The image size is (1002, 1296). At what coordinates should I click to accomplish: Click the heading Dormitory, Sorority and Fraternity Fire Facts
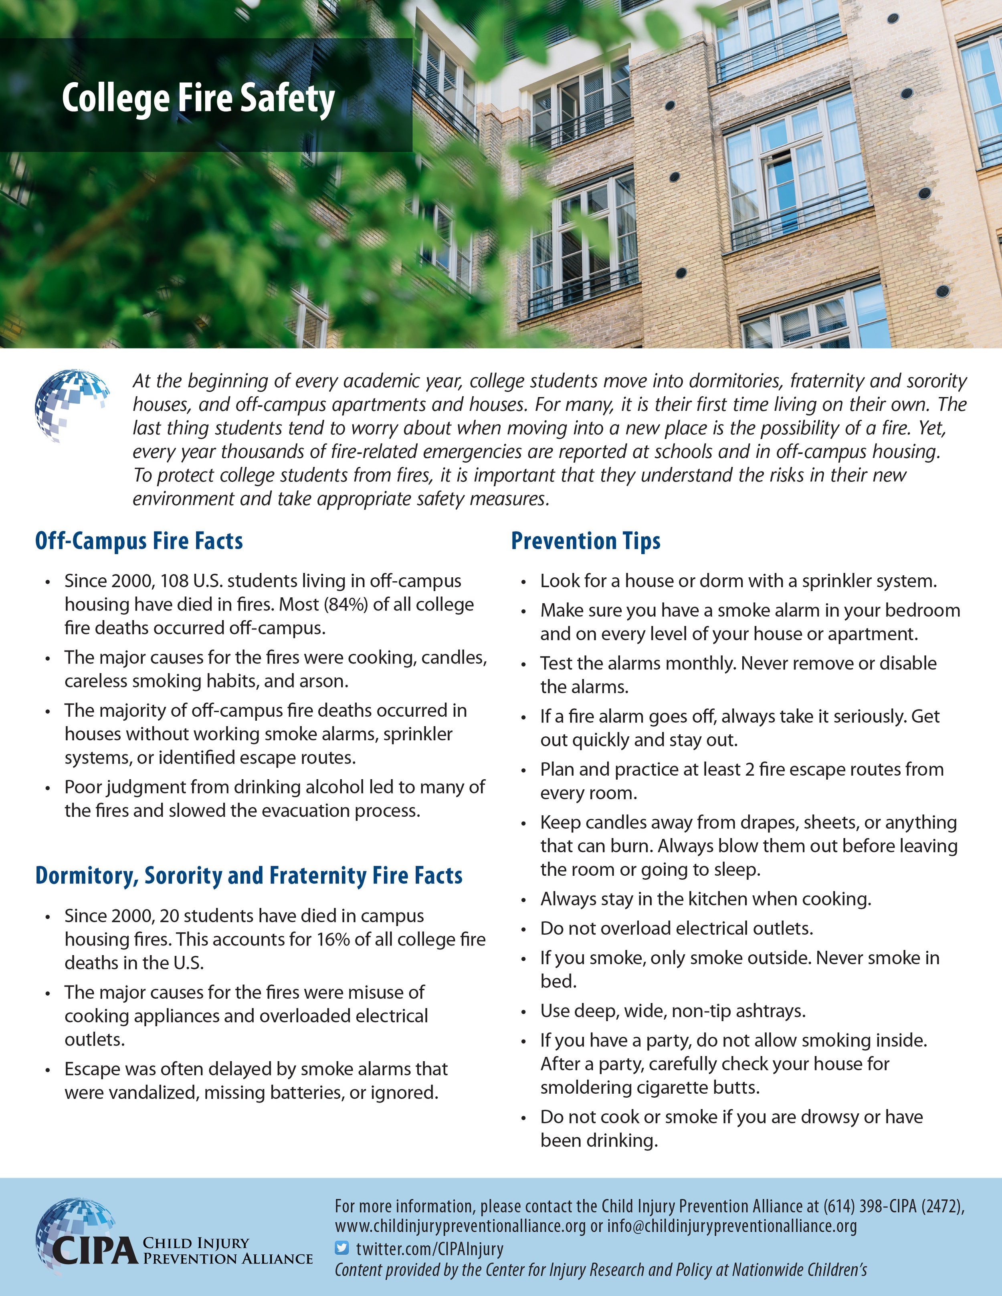[249, 875]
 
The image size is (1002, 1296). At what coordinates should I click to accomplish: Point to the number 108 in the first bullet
[174, 580]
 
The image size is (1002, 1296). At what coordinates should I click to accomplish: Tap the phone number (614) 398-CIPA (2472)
[893, 1206]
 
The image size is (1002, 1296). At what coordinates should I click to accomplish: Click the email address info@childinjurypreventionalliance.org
[731, 1226]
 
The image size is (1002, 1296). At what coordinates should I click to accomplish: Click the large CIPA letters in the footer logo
[95, 1250]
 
